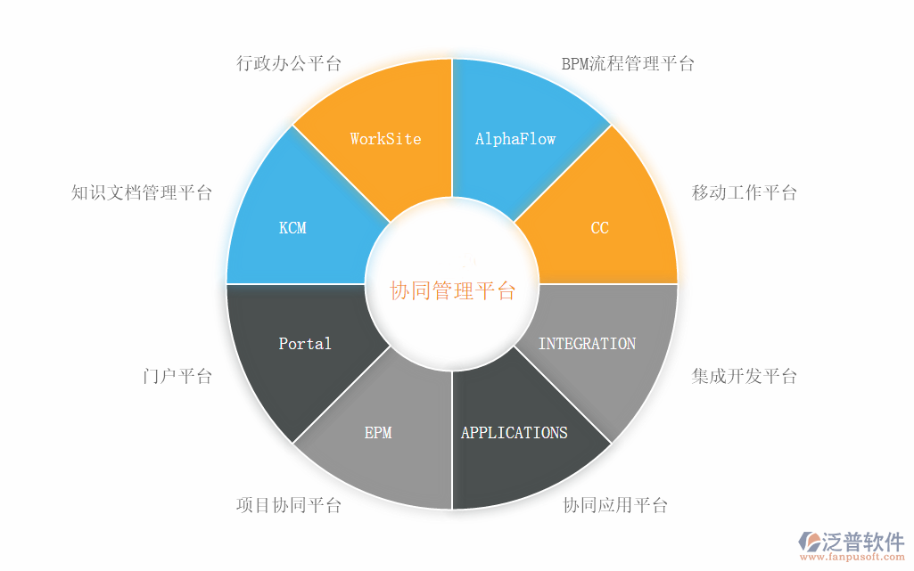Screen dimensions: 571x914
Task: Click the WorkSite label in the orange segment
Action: coord(385,139)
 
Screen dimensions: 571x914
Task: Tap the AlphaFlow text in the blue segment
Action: coord(515,139)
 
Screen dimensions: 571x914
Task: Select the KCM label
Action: coord(292,228)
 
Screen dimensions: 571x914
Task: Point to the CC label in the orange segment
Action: coord(600,228)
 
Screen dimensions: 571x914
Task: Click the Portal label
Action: coord(305,344)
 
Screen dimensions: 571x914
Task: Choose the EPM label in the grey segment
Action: coord(378,433)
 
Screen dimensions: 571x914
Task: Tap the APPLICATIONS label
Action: coord(515,433)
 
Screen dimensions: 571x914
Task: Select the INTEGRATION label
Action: coord(588,344)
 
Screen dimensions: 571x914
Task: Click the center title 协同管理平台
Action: coord(453,290)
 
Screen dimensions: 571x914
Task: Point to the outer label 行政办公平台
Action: coord(289,63)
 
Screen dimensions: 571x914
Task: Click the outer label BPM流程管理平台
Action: coord(628,63)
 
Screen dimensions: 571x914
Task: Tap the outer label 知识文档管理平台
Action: coord(142,192)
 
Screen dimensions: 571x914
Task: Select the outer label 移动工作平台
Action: coord(745,192)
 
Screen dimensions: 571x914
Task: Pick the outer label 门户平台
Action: coord(177,376)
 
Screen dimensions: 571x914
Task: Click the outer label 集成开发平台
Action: coord(745,376)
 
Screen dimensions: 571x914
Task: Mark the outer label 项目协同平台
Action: coord(289,506)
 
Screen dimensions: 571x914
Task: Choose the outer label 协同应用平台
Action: coord(615,506)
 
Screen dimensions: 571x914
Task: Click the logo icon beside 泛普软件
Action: coord(811,542)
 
